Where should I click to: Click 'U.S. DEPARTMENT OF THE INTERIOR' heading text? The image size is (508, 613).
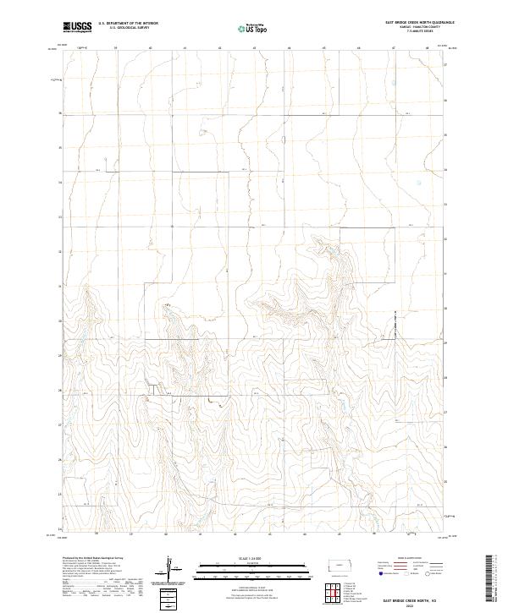click(x=128, y=24)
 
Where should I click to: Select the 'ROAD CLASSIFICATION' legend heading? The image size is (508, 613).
click(x=405, y=559)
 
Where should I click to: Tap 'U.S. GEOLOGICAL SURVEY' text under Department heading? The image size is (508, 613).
click(x=124, y=28)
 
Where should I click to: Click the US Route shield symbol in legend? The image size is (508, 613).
click(x=412, y=573)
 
